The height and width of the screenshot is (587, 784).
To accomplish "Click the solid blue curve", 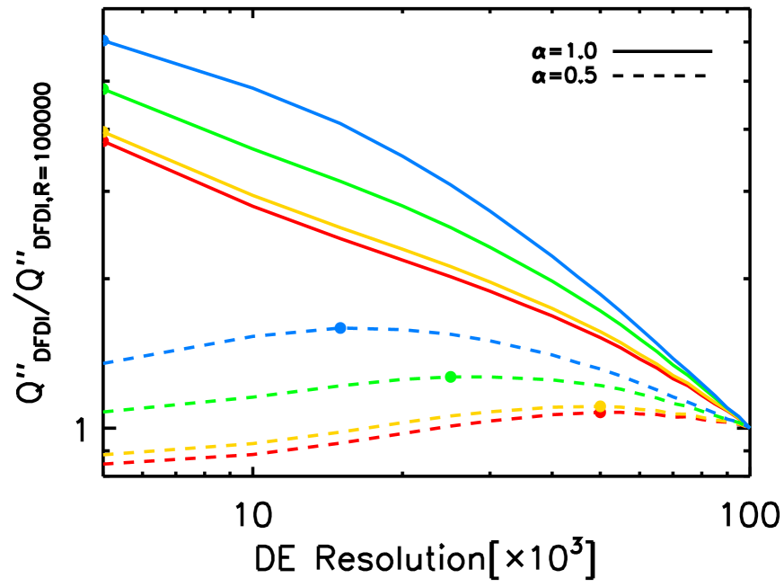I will click(x=341, y=122).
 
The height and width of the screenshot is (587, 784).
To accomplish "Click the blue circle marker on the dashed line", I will click(x=340, y=328).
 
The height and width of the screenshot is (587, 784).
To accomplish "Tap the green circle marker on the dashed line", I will click(x=451, y=377).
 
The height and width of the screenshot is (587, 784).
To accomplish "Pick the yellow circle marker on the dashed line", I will click(x=600, y=406).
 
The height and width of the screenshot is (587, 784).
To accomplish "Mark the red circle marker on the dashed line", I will click(x=600, y=413).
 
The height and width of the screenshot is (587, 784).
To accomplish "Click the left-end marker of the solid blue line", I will click(x=106, y=40).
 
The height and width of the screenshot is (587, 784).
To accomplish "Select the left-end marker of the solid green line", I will click(x=106, y=89).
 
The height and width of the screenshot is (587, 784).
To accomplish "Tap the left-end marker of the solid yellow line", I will click(x=106, y=132).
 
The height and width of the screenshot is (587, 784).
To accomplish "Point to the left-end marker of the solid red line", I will click(x=106, y=142).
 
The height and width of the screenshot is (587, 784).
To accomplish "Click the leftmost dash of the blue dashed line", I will click(x=110, y=362).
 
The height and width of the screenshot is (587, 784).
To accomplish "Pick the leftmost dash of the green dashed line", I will click(x=110, y=411).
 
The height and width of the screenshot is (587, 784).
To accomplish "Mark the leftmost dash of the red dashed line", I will click(x=110, y=464).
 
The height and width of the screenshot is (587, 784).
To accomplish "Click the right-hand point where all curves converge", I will click(x=747, y=426).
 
